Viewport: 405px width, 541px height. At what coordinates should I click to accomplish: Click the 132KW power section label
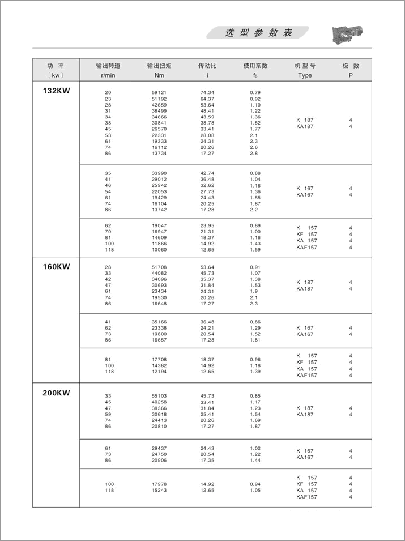(56, 90)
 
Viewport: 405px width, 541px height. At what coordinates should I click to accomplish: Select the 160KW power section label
(56, 266)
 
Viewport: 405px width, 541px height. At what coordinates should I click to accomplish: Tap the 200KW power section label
(56, 391)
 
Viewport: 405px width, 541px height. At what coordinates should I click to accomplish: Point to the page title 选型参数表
(258, 33)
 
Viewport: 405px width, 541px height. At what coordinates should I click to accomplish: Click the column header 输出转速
(108, 66)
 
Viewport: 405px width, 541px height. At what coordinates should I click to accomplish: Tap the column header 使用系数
(255, 66)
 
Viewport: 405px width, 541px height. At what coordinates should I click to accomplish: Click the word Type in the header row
(305, 75)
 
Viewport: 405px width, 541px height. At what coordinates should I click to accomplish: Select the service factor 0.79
(255, 92)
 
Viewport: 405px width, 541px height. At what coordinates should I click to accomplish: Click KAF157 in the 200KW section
(306, 497)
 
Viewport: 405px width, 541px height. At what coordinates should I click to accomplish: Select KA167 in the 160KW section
(305, 334)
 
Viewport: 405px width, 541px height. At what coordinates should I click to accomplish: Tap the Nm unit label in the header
(159, 75)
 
